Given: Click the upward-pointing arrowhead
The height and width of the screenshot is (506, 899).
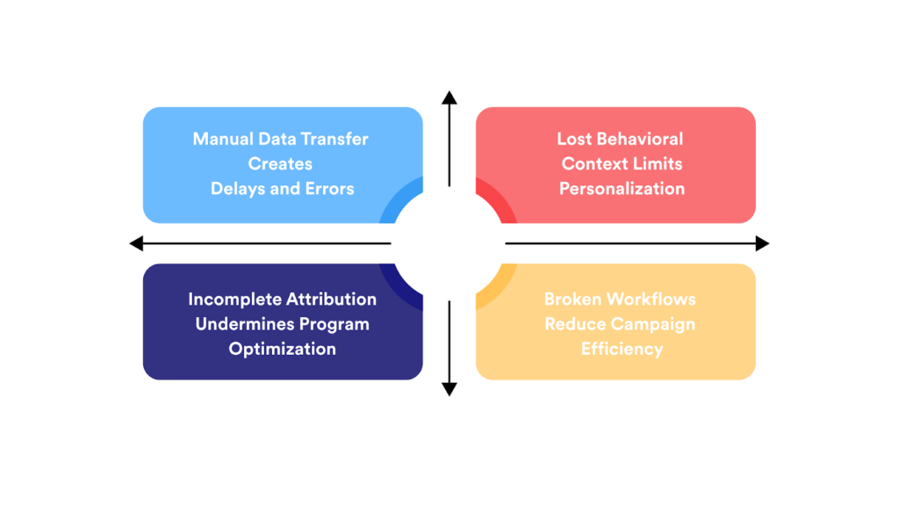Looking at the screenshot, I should [x=449, y=97].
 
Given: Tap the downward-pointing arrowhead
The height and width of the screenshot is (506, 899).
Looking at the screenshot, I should [x=449, y=389].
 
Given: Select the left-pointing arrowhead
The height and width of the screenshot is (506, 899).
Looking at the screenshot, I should [x=136, y=243].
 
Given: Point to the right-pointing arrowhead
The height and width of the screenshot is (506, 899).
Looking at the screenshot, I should [x=762, y=243].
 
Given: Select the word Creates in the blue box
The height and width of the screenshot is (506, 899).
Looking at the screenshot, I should [x=280, y=163].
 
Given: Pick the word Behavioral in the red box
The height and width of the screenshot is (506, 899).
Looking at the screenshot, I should [x=640, y=139].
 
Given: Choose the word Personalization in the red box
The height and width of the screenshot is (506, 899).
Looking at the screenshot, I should [x=622, y=188].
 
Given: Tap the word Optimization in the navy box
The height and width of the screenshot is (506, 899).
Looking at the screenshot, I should [x=282, y=349].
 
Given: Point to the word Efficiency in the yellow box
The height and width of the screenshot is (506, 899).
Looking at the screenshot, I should [x=622, y=349].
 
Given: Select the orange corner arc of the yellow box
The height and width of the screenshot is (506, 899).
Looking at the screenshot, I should [x=492, y=286].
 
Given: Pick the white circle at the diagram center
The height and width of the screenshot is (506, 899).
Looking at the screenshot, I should [x=449, y=243].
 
